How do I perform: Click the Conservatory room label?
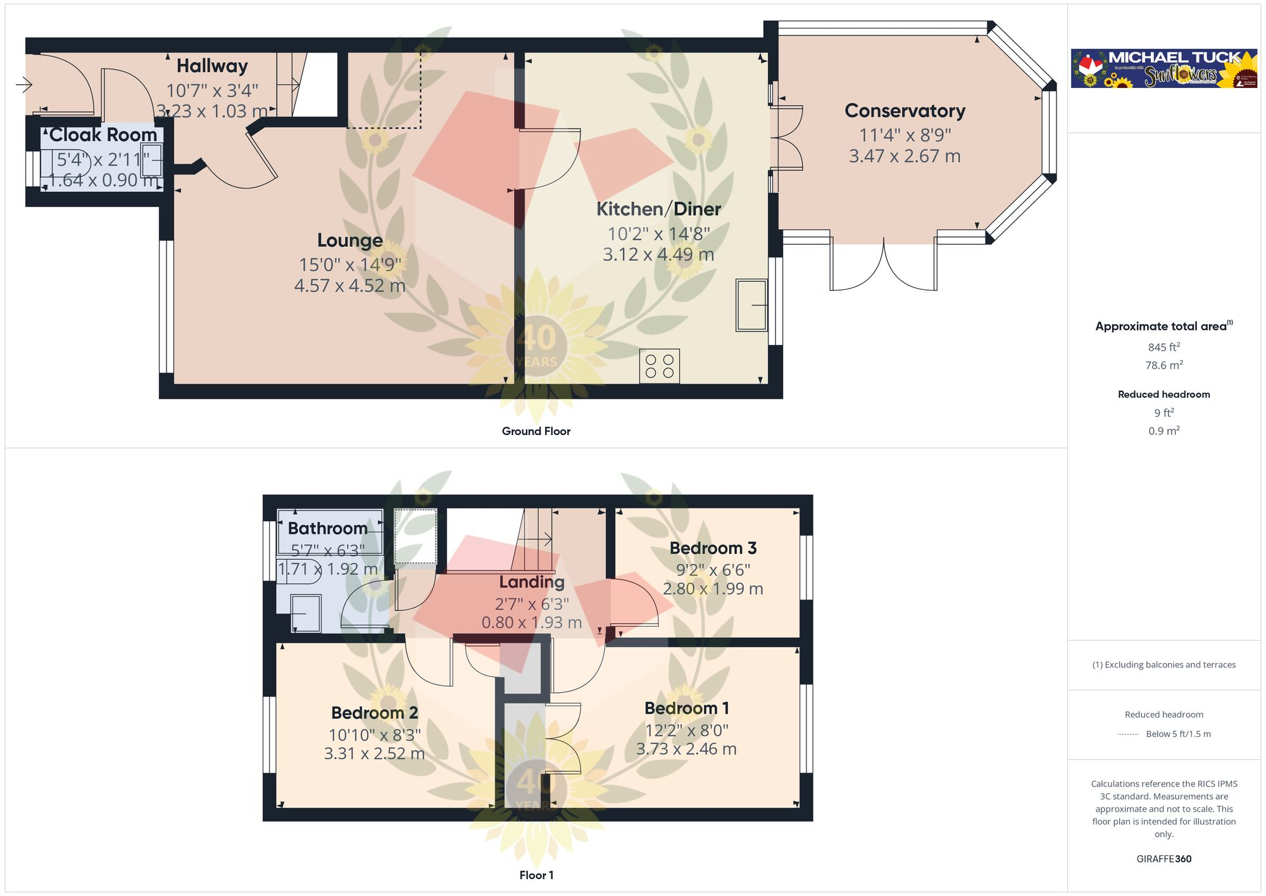pyautogui.click(x=905, y=111)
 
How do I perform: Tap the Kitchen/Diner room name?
pyautogui.click(x=658, y=209)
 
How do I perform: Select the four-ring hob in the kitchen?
pyautogui.click(x=659, y=366)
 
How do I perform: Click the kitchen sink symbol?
pyautogui.click(x=751, y=305)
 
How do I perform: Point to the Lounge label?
pyautogui.click(x=349, y=241)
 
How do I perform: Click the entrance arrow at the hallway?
pyautogui.click(x=23, y=84)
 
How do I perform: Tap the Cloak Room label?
pyautogui.click(x=103, y=135)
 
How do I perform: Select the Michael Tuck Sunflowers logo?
pyautogui.click(x=1163, y=68)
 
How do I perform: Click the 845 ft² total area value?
pyautogui.click(x=1163, y=347)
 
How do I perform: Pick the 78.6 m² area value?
pyautogui.click(x=1163, y=365)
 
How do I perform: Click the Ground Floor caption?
pyautogui.click(x=536, y=431)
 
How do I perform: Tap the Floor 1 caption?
pyautogui.click(x=536, y=875)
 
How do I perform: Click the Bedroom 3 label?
pyautogui.click(x=713, y=548)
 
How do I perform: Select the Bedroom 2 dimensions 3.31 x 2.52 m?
pyautogui.click(x=374, y=754)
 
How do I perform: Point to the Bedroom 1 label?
pyautogui.click(x=687, y=708)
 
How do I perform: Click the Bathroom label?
pyautogui.click(x=327, y=528)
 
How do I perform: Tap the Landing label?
pyautogui.click(x=532, y=582)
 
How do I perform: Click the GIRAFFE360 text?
pyautogui.click(x=1163, y=859)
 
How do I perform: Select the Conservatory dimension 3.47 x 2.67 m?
pyautogui.click(x=905, y=156)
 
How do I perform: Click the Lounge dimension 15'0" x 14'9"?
pyautogui.click(x=349, y=265)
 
